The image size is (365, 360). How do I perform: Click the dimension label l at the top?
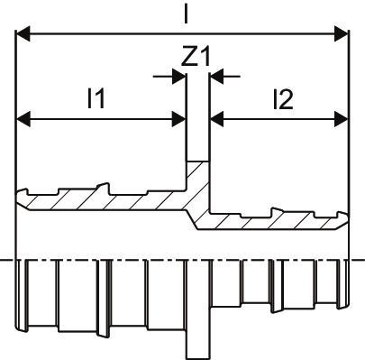(x=187, y=13)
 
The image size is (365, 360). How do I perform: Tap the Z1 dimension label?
(x=196, y=56)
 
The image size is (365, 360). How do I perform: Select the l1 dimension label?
(x=96, y=97)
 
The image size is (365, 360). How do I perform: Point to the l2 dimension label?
(x=283, y=100)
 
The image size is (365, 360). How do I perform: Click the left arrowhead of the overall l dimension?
(x=23, y=33)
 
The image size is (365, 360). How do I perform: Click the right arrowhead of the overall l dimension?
(x=342, y=33)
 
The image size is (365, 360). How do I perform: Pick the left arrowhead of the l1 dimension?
(x=23, y=119)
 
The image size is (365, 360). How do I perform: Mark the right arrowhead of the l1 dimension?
(x=178, y=119)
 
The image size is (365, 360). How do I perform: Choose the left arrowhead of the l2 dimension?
(x=217, y=119)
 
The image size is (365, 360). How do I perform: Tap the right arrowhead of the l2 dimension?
(x=342, y=119)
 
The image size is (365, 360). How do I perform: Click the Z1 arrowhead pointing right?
(x=178, y=77)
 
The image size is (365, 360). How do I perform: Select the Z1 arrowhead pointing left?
(x=217, y=77)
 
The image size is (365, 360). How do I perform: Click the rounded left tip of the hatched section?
(x=19, y=196)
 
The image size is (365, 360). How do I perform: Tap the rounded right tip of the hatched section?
(x=345, y=218)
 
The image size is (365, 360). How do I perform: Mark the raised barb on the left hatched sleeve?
(x=104, y=187)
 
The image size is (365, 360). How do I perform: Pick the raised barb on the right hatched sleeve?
(x=277, y=211)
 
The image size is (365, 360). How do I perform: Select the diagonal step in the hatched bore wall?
(x=191, y=219)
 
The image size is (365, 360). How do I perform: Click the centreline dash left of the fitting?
(x=6, y=260)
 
